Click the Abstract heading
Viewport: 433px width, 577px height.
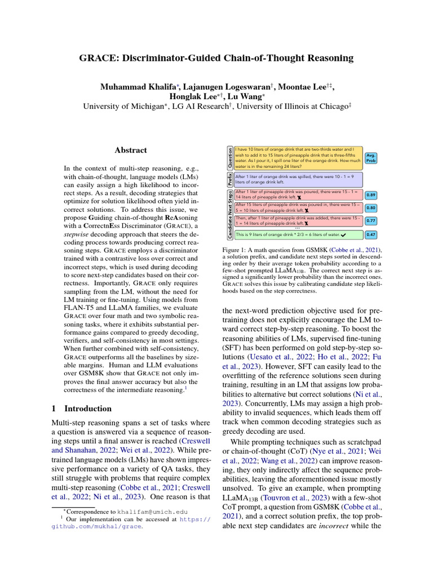coord(131,150)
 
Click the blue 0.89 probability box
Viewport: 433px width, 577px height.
coord(372,195)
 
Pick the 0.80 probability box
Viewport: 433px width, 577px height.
coord(372,208)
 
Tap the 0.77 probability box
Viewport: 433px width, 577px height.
coord(372,221)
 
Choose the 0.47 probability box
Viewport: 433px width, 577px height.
coord(372,234)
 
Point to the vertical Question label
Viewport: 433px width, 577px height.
coord(229,158)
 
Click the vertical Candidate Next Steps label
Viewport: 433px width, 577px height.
coord(229,214)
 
